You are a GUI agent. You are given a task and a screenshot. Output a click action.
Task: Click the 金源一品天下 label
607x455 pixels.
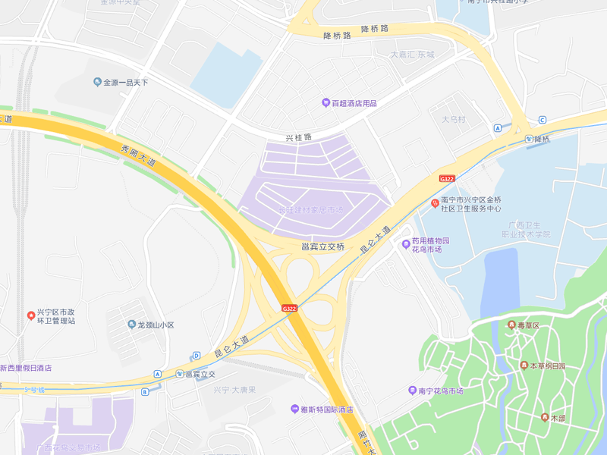click(126, 82)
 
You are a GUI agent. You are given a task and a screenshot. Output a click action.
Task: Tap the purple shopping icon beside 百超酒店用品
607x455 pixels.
click(325, 102)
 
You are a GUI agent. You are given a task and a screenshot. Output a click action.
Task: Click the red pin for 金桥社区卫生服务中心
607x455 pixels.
click(435, 202)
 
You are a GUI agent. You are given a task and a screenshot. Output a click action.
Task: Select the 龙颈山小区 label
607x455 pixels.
click(156, 325)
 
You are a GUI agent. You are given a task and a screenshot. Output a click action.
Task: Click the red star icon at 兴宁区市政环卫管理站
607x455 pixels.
click(30, 315)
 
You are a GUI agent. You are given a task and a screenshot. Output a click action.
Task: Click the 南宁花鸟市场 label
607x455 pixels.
click(451, 391)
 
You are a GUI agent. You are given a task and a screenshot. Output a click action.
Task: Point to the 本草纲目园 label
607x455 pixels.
click(547, 366)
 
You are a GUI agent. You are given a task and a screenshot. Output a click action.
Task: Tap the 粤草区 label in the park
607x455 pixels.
click(528, 325)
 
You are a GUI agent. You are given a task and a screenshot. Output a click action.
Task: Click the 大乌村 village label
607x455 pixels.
click(453, 120)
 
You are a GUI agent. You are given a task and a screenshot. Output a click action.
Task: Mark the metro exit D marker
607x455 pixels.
click(196, 355)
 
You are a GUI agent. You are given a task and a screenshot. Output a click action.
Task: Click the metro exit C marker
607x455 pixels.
click(542, 120)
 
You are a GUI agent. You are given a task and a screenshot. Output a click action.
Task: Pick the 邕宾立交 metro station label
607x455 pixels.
click(200, 374)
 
